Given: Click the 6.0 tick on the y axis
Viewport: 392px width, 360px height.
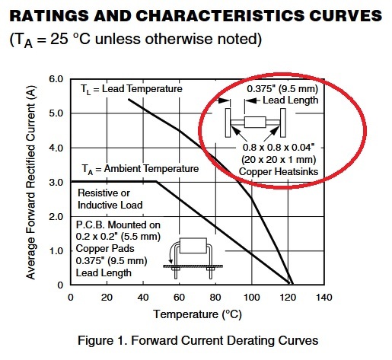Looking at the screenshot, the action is (x=56, y=79).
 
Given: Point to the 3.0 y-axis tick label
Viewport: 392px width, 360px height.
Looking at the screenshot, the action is (x=56, y=182).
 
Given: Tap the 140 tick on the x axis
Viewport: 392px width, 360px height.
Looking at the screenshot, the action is (x=323, y=298).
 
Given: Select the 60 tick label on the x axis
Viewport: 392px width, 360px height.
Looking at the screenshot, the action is (x=179, y=298).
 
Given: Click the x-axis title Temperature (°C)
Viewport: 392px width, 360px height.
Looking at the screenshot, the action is (x=197, y=314).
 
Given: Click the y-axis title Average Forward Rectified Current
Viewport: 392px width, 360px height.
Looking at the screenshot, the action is (x=30, y=183).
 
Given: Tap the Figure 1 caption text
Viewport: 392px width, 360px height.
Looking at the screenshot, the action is (x=198, y=340).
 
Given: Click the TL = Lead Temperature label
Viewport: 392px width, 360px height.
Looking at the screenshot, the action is (x=132, y=89).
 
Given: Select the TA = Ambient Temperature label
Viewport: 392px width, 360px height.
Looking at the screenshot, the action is (x=140, y=169).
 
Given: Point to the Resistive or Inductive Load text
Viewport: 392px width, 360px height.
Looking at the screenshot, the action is (x=110, y=199).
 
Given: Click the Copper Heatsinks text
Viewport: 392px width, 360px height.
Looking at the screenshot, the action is (x=279, y=172).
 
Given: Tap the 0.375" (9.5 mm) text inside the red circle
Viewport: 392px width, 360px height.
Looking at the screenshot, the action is (x=282, y=89).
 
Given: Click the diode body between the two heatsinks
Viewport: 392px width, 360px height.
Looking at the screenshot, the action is (x=255, y=123).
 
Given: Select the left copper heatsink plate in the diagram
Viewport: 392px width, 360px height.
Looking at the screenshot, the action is (x=228, y=123).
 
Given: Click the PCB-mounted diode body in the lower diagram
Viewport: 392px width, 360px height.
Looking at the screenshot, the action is (x=193, y=246).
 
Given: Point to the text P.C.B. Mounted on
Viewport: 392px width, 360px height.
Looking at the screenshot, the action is (x=118, y=225).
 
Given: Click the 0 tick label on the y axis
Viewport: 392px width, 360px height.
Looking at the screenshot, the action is (x=60, y=285).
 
